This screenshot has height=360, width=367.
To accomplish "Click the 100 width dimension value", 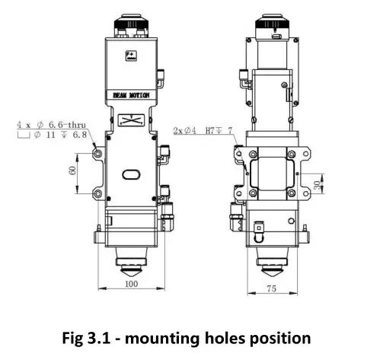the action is click(x=132, y=284).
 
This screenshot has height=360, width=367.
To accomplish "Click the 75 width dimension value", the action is click(x=271, y=288).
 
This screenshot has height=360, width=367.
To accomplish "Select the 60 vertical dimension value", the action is click(x=72, y=170).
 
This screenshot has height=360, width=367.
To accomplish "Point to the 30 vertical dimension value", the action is click(x=318, y=186).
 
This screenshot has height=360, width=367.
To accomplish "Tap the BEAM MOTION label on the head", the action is click(x=131, y=95).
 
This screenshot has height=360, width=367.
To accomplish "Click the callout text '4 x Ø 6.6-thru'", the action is click(x=51, y=125).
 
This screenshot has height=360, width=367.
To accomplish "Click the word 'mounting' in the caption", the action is click(x=162, y=338).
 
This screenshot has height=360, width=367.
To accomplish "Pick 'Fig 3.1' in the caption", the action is click(x=86, y=338).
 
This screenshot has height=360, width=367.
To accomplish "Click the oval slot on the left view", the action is click(x=131, y=174).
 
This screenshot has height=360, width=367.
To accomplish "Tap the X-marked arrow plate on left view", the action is click(x=131, y=119).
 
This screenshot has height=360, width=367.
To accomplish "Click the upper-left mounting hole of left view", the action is click(x=98, y=153).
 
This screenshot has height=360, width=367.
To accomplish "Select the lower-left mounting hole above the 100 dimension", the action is click(x=98, y=194).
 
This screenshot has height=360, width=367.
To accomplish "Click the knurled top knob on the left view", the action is click(x=131, y=22).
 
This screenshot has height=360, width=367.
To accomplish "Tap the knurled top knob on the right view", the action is click(x=273, y=21).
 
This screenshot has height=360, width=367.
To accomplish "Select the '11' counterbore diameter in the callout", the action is click(x=50, y=135).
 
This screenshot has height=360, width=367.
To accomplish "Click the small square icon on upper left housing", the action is click(x=131, y=56).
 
